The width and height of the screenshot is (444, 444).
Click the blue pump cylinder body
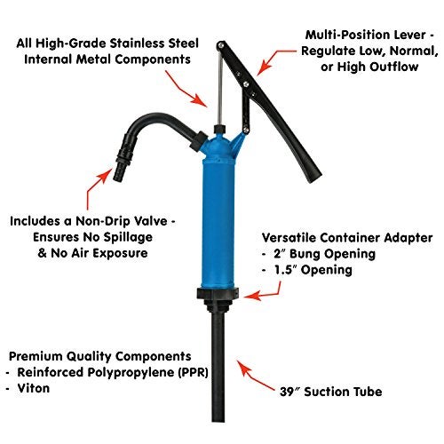coord(218,222)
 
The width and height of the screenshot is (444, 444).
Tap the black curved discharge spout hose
coord(160,119)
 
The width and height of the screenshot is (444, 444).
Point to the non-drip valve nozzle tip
coord(118,175)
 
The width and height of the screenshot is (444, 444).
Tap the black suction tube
coord(218,367)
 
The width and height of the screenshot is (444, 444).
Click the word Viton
coord(34,388)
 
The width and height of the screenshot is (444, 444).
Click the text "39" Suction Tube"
coord(330,392)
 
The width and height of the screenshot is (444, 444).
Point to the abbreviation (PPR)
coord(193,372)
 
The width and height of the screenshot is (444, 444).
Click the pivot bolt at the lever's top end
coord(220,45)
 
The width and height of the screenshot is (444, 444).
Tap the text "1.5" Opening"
coord(313,270)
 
